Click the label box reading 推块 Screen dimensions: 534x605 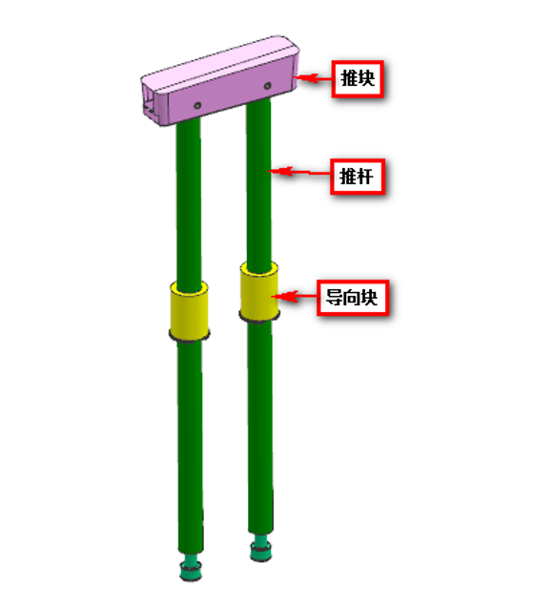(x=358, y=78)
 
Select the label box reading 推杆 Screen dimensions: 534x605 (x=358, y=177)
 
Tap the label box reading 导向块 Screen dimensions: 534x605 (x=353, y=298)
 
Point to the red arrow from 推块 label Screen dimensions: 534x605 (x=313, y=78)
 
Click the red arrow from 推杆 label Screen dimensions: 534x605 (x=299, y=172)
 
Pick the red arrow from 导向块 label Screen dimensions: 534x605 (x=294, y=297)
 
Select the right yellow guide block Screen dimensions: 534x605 (x=259, y=291)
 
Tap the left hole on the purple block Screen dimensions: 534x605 (x=197, y=105)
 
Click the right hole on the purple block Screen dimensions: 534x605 (x=267, y=86)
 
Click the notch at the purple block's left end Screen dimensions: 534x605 (x=151, y=103)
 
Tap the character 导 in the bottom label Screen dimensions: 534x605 (x=334, y=298)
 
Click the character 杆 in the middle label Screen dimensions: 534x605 (x=365, y=177)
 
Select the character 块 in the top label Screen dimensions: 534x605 (x=366, y=78)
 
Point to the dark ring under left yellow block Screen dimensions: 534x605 (x=190, y=337)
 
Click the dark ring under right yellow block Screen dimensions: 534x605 (x=259, y=317)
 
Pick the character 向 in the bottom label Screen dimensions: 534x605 (x=352, y=298)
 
